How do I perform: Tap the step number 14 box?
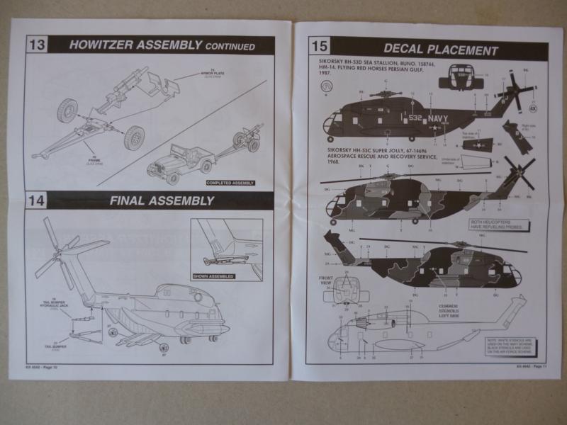coord(38,200)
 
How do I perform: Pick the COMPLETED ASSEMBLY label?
coord(230,183)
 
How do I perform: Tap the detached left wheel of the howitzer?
coord(68,109)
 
